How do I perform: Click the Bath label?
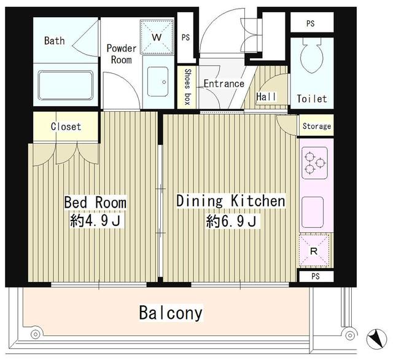point(55,41)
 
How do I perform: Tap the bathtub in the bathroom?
point(66,85)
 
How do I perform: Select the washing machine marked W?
point(157,37)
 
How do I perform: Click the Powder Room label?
point(122,54)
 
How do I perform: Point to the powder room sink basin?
point(158,82)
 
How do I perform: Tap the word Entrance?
point(224,84)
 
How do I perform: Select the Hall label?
point(266,96)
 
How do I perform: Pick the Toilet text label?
point(312,98)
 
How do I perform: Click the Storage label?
point(317,126)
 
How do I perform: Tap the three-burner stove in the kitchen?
point(314,163)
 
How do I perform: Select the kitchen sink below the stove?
point(313,212)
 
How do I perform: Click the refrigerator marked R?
point(314,250)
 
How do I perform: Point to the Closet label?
point(66,127)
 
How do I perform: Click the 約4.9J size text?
point(96,221)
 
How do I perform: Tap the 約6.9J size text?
point(232,221)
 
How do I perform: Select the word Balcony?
point(171,313)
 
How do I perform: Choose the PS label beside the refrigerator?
point(316,276)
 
